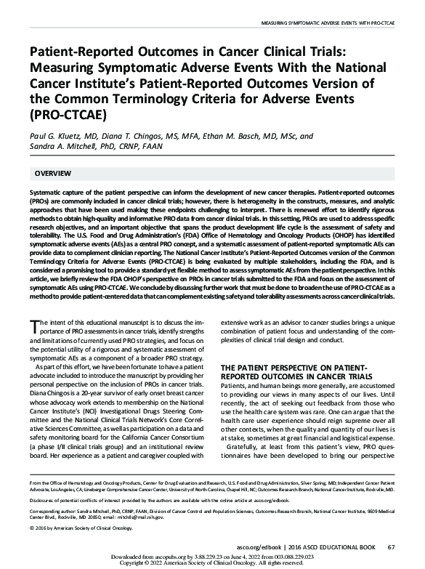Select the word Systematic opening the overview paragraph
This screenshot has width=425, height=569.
(45, 192)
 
